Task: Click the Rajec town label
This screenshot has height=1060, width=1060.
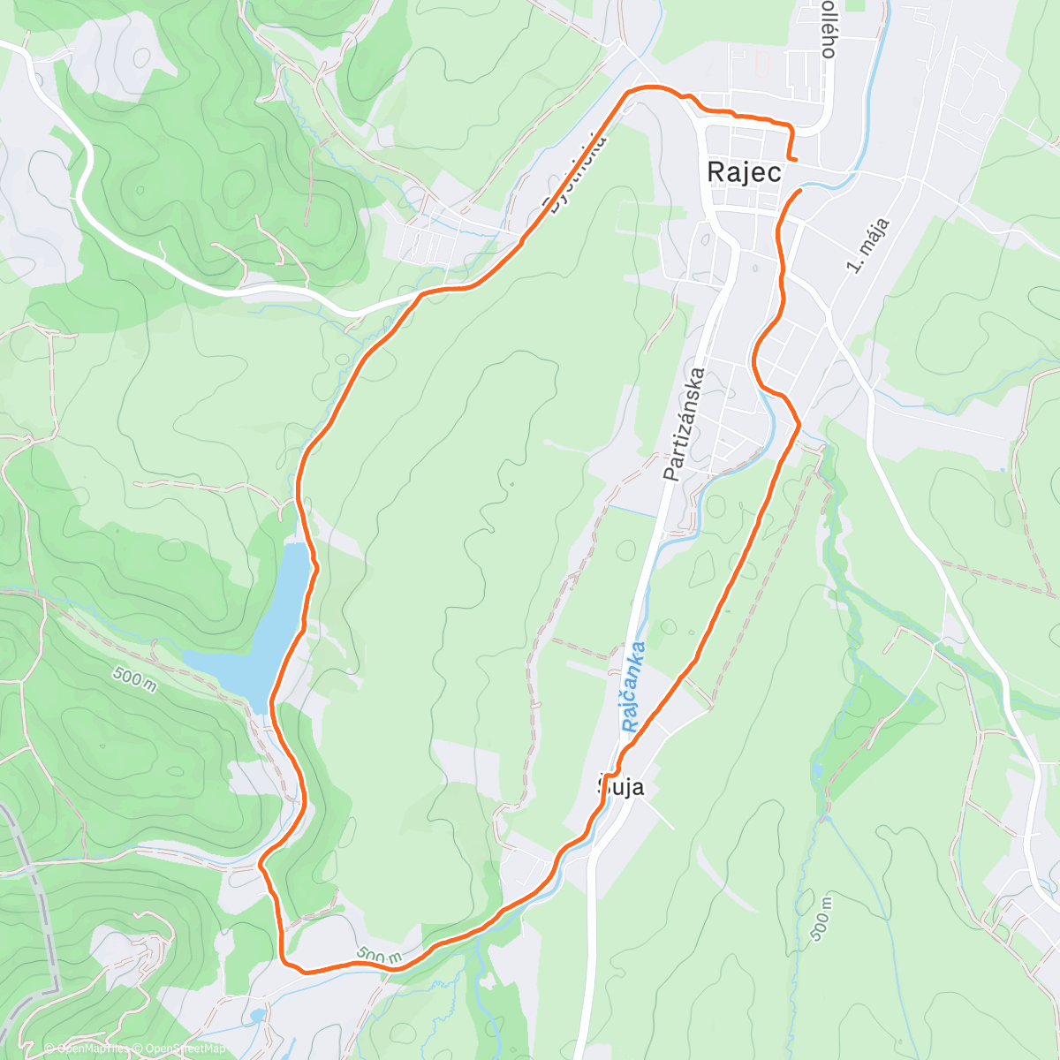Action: coord(744,172)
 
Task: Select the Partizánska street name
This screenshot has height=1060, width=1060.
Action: coord(685,425)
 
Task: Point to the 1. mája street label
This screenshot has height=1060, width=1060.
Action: coord(867,245)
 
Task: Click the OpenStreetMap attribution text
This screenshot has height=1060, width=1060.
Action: coord(185,1049)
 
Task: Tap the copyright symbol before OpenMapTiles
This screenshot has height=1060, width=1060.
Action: coord(49,1049)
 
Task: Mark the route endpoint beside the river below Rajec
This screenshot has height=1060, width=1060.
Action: coord(800,190)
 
